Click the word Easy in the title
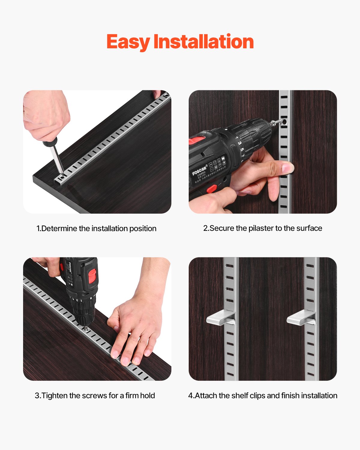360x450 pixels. pyautogui.click(x=128, y=42)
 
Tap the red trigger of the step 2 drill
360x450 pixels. pyautogui.click(x=211, y=189)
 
